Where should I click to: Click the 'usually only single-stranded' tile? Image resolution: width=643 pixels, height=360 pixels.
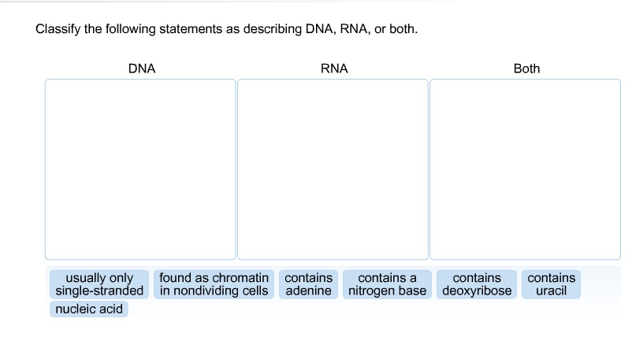coord(99,284)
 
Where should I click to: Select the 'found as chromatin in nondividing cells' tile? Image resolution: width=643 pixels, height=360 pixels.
coord(214,284)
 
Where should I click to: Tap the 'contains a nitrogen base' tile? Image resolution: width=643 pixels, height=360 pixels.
coord(387,284)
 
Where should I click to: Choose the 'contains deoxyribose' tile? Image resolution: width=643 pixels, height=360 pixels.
coord(476,284)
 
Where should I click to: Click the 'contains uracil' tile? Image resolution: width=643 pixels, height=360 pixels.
coord(551,284)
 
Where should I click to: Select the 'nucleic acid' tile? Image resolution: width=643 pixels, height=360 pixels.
coord(89,309)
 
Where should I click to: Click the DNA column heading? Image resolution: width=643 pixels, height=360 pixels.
coord(142,69)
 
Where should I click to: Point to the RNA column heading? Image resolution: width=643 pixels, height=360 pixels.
coord(334,69)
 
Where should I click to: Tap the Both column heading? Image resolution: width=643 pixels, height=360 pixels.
coord(526,69)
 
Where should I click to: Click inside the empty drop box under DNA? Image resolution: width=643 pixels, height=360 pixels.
coord(140,169)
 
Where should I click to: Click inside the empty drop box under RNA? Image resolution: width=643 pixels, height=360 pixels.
coord(333,169)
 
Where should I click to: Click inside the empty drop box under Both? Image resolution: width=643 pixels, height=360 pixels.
coord(525,169)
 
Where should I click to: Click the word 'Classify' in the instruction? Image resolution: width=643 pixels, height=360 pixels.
coord(58,29)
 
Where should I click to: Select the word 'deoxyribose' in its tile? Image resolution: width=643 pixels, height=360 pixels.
coord(476,291)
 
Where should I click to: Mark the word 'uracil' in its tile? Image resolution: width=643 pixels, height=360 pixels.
coord(551,291)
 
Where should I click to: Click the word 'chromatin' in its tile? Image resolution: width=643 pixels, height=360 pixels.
coord(241,278)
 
